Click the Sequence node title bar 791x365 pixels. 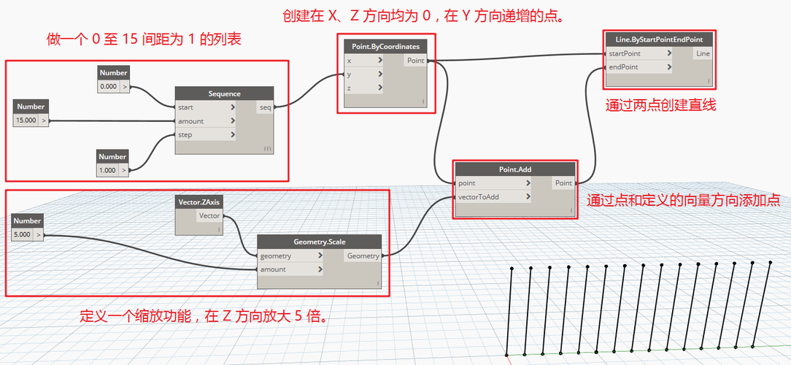tap(224, 93)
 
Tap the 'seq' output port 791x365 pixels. tap(265, 107)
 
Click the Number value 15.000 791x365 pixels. tap(26, 120)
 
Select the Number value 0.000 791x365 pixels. tap(108, 86)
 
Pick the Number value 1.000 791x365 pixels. tap(108, 170)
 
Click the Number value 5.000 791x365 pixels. tap(23, 234)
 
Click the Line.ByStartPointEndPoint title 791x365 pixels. tap(659, 39)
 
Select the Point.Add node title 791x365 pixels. tap(515, 169)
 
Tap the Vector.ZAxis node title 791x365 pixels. tap(198, 201)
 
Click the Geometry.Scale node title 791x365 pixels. tap(320, 242)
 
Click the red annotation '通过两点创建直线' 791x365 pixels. tap(660, 105)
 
